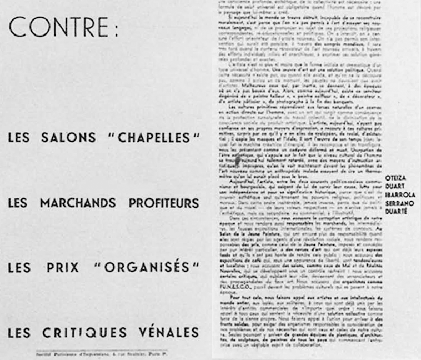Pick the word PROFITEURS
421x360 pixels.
click(x=162, y=203)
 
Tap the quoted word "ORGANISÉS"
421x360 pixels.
click(x=146, y=267)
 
